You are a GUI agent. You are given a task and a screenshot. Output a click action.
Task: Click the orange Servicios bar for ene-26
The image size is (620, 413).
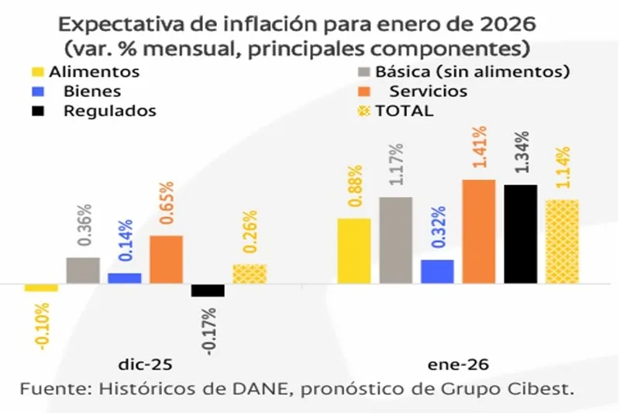tap(478, 232)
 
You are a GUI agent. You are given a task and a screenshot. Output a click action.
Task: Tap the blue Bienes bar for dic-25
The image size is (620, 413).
tap(124, 278)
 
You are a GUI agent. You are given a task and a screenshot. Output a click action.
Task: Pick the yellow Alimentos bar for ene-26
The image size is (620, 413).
tap(354, 251)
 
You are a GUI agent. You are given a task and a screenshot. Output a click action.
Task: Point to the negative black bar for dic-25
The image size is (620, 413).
tap(208, 291)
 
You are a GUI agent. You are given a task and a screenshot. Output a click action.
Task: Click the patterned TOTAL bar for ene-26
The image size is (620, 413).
tap(562, 242)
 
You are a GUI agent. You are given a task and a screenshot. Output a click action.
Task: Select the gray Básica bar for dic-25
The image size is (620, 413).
tap(83, 270)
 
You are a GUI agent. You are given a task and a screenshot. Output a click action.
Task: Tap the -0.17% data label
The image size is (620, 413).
tap(208, 332)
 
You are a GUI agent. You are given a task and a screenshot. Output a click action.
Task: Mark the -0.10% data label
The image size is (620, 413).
tap(42, 326)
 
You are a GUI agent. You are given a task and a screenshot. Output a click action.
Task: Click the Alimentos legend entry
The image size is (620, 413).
tap(93, 72)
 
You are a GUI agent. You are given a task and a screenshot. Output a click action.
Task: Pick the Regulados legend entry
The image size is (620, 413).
tap(109, 111)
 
